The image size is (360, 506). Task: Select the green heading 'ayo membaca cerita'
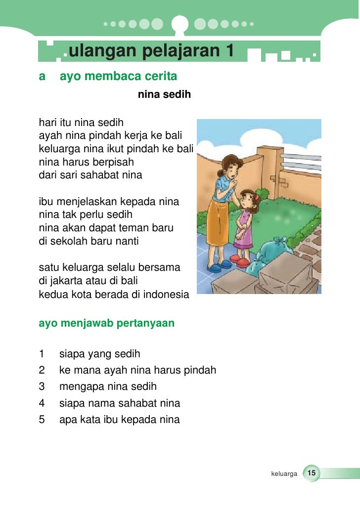[118, 77]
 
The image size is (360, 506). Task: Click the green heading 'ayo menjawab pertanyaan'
[106, 323]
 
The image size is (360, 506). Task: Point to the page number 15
[312, 473]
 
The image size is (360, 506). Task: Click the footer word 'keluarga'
[284, 474]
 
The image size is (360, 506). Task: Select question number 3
[42, 386]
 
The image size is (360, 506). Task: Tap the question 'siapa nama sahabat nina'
[120, 403]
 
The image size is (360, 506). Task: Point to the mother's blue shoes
[216, 268]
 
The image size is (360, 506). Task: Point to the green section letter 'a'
[42, 77]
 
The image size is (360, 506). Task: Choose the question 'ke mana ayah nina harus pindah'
[137, 370]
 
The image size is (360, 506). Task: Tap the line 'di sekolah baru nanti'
[89, 242]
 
